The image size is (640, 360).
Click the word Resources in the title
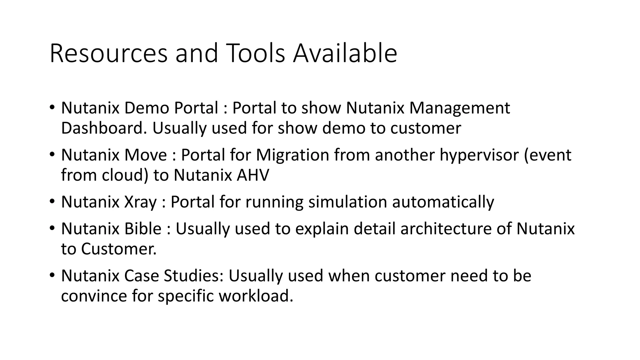point(108,53)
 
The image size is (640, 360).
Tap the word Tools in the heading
point(257,53)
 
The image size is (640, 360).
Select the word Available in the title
point(345,53)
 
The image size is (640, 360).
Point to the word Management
point(459,108)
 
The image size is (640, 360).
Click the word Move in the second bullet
point(146,155)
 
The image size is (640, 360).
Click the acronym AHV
point(252,175)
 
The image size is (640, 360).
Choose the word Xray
point(140,202)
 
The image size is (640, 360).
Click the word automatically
point(443,202)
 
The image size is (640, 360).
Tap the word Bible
point(143,229)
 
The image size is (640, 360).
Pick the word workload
point(256,296)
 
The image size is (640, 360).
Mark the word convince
point(94,296)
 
